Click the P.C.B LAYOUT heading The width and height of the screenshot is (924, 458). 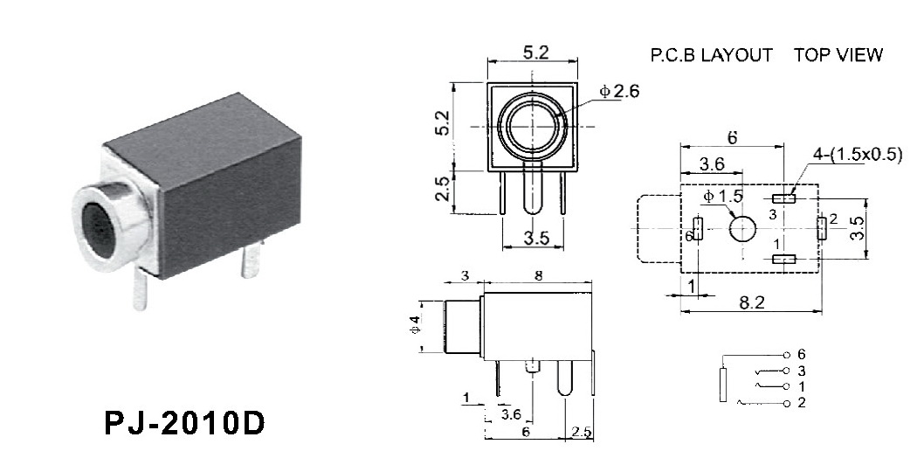pyautogui.click(x=712, y=55)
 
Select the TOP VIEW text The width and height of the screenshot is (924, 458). pyautogui.click(x=838, y=55)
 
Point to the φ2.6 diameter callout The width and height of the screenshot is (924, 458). pyautogui.click(x=619, y=92)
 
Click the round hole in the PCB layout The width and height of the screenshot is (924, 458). pyautogui.click(x=743, y=229)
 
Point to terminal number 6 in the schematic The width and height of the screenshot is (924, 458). pyautogui.click(x=800, y=355)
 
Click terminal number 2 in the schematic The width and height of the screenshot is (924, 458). pyautogui.click(x=800, y=403)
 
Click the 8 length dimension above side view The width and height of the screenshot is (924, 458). pyautogui.click(x=538, y=275)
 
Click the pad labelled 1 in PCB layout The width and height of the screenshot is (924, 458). pyautogui.click(x=784, y=259)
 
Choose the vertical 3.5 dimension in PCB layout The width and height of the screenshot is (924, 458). pyautogui.click(x=858, y=228)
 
